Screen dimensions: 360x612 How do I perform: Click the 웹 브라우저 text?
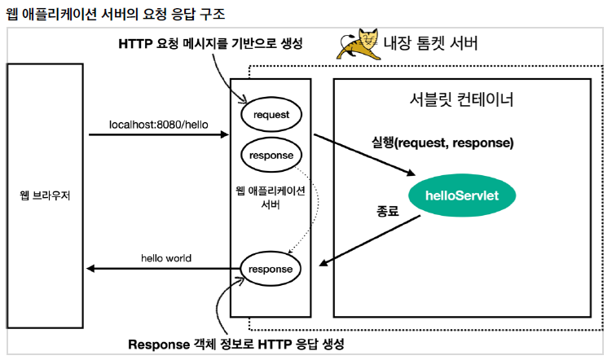pos(45,195)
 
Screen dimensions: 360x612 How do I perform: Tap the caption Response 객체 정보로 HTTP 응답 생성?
pos(237,344)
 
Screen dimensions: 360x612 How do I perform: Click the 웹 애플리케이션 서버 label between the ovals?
pos(270,197)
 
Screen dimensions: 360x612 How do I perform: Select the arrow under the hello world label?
pos(163,269)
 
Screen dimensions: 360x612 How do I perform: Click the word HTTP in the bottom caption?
pos(258,344)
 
